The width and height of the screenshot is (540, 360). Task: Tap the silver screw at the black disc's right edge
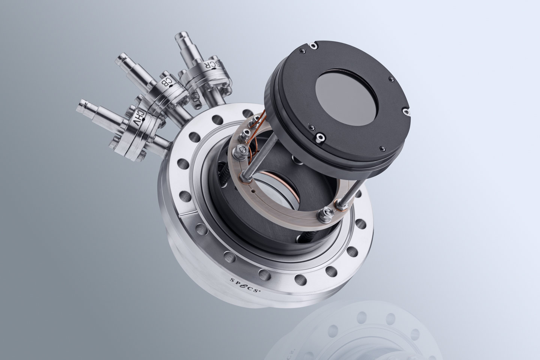tap(406, 111)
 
